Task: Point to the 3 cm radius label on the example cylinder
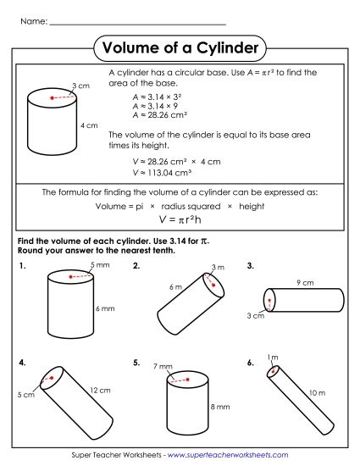pos(81,86)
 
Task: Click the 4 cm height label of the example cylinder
pos(89,125)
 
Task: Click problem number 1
pos(21,266)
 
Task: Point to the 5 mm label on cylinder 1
pos(99,266)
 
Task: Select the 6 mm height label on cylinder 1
pos(104,308)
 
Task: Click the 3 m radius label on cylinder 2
pos(218,268)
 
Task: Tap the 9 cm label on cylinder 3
pos(305,281)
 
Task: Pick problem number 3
pos(251,266)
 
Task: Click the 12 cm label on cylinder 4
pos(99,390)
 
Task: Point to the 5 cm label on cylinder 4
pos(25,395)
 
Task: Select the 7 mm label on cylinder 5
pos(163,367)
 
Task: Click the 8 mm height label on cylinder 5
pos(219,407)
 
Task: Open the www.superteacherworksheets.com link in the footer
pos(228,456)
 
